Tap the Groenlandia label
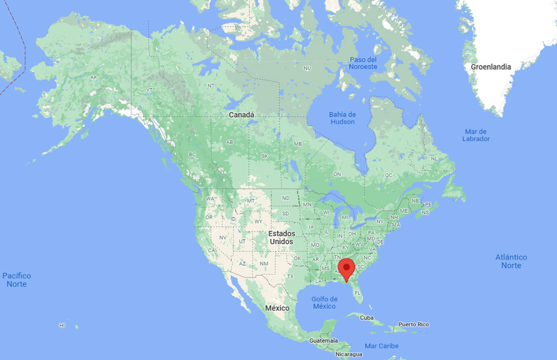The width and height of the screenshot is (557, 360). (491, 67)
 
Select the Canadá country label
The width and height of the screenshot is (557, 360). (241, 115)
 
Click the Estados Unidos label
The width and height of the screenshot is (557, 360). (281, 237)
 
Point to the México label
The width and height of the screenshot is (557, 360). (277, 308)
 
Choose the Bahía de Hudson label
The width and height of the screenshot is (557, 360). (342, 118)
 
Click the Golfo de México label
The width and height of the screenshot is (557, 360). (324, 303)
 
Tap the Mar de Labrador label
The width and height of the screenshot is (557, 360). (476, 135)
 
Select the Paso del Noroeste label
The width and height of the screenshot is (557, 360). (363, 63)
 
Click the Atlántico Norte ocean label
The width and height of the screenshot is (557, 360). (511, 261)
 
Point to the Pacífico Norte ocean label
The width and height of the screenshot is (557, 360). (17, 280)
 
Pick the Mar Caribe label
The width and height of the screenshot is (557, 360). (381, 346)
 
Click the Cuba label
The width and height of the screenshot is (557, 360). (367, 317)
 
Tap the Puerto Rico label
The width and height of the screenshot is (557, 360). (413, 325)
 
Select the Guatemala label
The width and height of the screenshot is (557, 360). (324, 340)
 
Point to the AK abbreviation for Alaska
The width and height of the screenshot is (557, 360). (94, 78)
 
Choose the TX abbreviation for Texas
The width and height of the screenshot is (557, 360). (289, 276)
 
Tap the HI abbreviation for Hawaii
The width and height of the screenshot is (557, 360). (62, 325)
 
